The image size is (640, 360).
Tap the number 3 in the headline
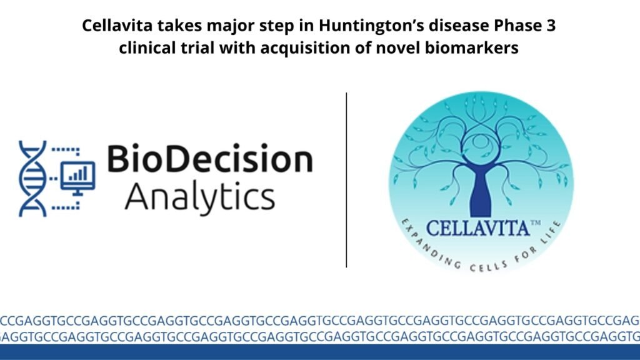(551, 25)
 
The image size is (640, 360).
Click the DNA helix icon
(32, 178)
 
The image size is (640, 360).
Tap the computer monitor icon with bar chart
(78, 177)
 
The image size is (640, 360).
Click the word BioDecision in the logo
(210, 159)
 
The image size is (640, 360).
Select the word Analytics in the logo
(200, 197)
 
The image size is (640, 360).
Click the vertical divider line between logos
(346, 180)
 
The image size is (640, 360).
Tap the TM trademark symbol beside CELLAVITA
(535, 223)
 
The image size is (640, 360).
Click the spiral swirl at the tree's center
(481, 141)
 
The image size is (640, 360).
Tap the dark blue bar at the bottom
(320, 352)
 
